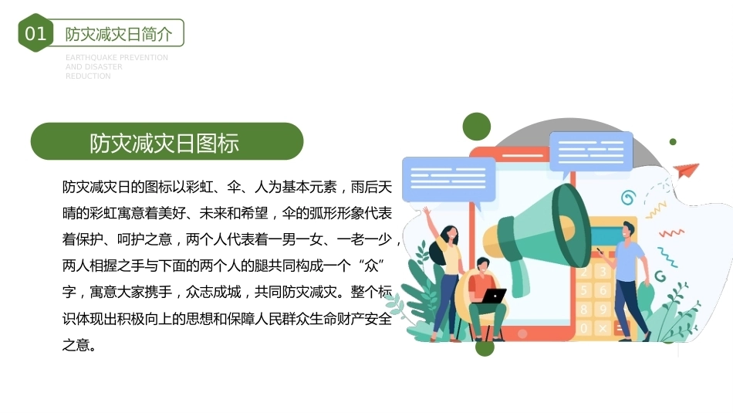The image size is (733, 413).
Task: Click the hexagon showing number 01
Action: click(35, 32)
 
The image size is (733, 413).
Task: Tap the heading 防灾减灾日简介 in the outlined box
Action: click(119, 34)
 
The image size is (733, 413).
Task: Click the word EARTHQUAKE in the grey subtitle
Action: click(89, 58)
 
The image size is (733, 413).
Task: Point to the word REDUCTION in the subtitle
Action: click(88, 76)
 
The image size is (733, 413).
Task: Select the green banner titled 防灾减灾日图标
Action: click(167, 141)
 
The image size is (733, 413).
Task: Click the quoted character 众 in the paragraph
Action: click(370, 266)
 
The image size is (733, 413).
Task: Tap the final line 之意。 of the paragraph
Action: click(79, 345)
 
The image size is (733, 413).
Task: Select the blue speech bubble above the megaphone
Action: click(591, 153)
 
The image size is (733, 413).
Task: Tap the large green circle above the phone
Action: click(476, 127)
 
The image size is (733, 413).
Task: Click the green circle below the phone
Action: click(485, 347)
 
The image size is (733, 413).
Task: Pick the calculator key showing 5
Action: click(583, 290)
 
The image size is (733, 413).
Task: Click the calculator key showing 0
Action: click(583, 328)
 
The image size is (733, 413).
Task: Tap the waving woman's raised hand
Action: click(426, 211)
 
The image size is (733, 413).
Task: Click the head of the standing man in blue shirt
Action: click(628, 232)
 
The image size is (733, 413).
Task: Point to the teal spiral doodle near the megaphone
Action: click(628, 198)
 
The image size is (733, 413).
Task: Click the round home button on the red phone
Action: click(522, 333)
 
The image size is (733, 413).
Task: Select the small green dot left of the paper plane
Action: click(673, 142)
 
